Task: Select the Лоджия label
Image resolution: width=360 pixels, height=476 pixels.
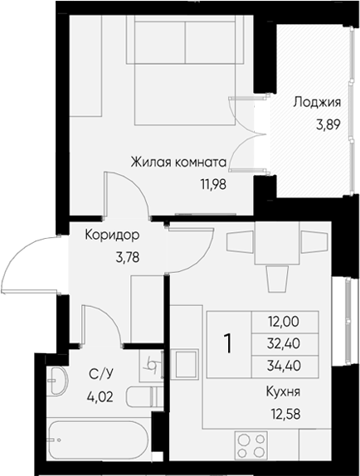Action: pyautogui.click(x=318, y=103)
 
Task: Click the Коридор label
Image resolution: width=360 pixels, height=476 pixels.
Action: pyautogui.click(x=112, y=236)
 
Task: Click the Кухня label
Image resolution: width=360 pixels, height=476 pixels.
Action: pyautogui.click(x=284, y=392)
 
